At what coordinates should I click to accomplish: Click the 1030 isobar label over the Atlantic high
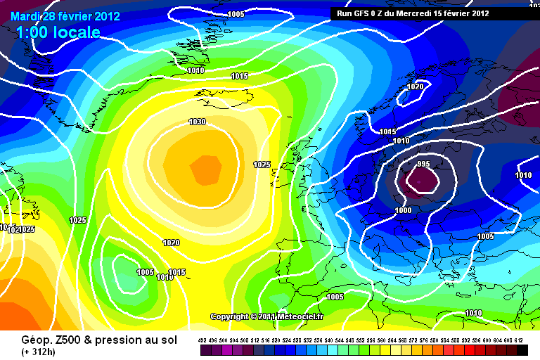point(197,122)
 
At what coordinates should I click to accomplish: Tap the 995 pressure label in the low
point(423,165)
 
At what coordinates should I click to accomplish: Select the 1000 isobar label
point(403,211)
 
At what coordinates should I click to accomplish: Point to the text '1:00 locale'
point(57,32)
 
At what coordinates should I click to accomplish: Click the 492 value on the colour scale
point(203,340)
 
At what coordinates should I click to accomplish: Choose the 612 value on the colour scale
point(518,340)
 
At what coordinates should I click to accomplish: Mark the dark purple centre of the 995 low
point(420,182)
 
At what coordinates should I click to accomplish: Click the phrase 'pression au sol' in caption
point(131,339)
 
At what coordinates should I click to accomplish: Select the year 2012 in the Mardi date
point(105,16)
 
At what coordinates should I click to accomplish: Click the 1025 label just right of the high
point(262,165)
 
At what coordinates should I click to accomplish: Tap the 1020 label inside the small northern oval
point(416,87)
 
